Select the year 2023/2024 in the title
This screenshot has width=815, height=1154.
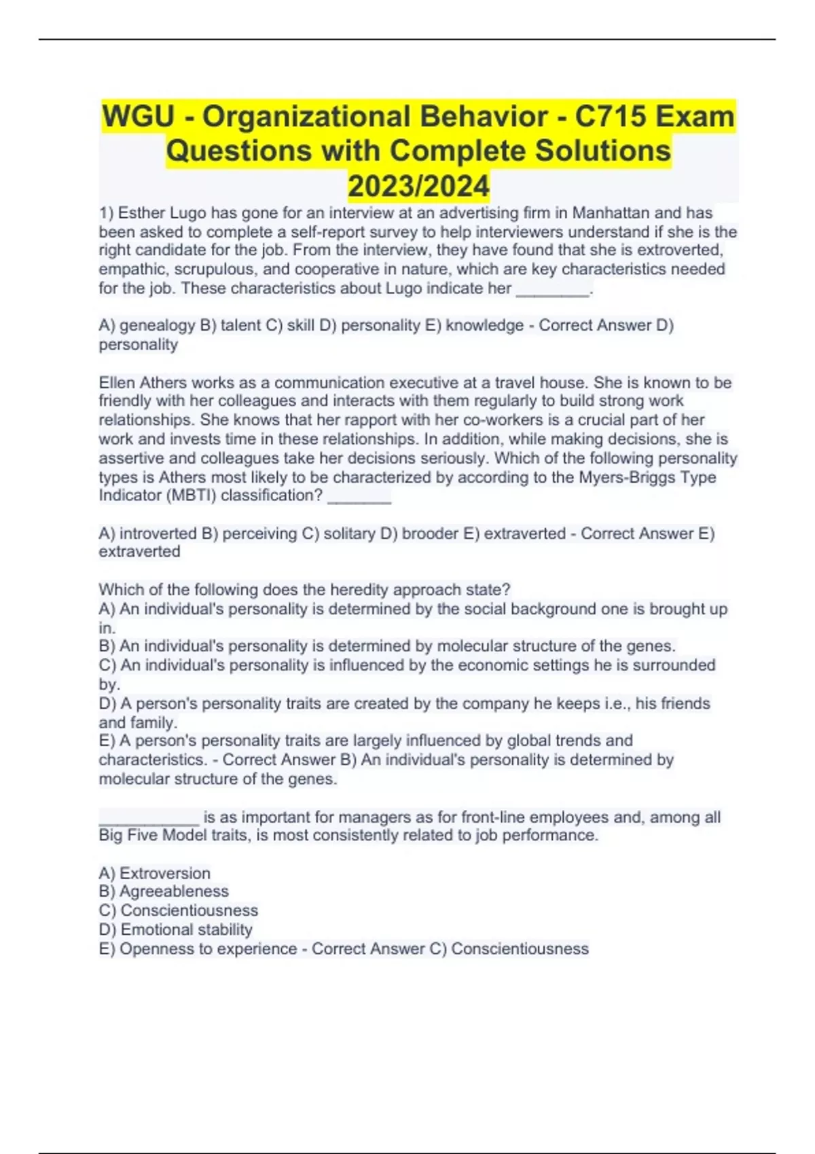click(418, 186)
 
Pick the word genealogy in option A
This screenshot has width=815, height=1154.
click(157, 326)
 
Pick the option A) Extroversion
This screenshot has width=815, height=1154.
click(155, 874)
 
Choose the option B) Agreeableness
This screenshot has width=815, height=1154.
click(164, 892)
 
